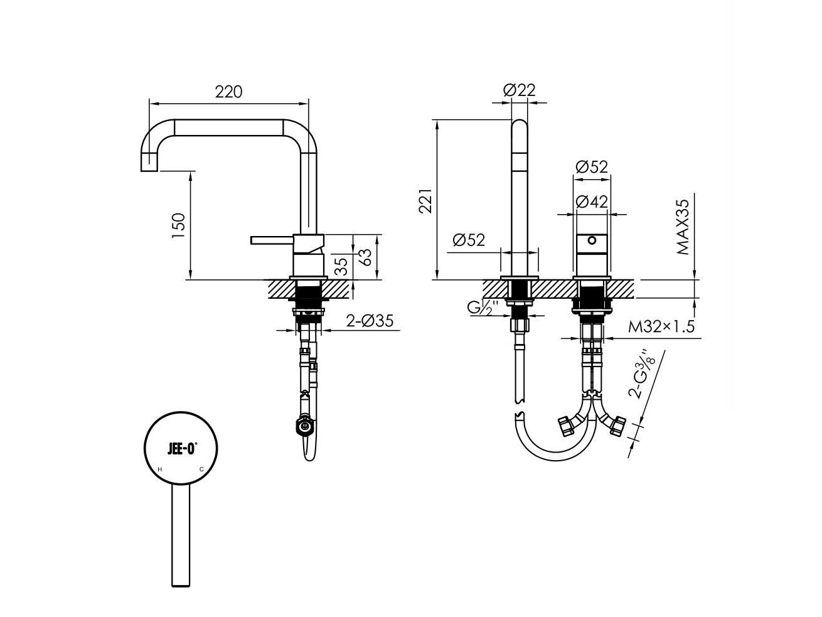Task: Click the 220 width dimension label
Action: pyautogui.click(x=228, y=92)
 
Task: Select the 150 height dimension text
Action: pyautogui.click(x=178, y=225)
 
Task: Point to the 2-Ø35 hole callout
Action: pyautogui.click(x=370, y=321)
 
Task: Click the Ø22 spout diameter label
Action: pyautogui.click(x=519, y=90)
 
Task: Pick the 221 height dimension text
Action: pyautogui.click(x=425, y=200)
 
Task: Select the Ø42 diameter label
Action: pyautogui.click(x=591, y=201)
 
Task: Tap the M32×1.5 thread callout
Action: pyautogui.click(x=661, y=327)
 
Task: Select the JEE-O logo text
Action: pyautogui.click(x=182, y=449)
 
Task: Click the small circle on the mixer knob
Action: pyautogui.click(x=591, y=240)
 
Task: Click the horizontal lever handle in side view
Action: pyautogui.click(x=272, y=240)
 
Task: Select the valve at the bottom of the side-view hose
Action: pyautogui.click(x=304, y=427)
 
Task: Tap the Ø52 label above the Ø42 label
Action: pyautogui.click(x=591, y=167)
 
